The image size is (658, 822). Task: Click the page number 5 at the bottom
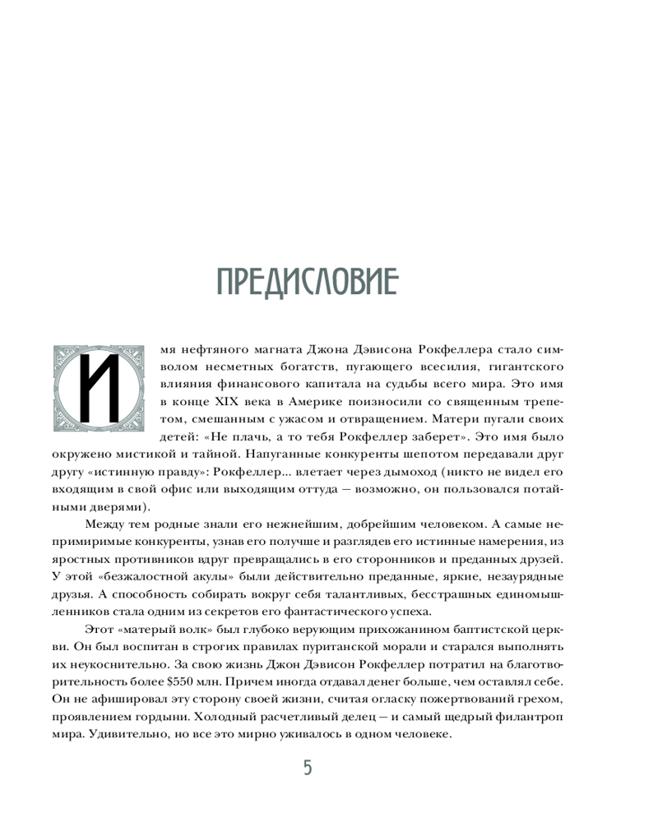[x=308, y=768]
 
